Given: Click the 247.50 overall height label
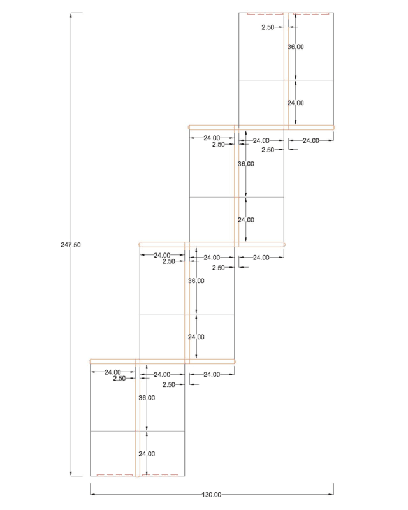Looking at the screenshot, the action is click(71, 245).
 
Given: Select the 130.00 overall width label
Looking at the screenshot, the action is click(212, 495).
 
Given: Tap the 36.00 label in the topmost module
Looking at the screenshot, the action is click(295, 47).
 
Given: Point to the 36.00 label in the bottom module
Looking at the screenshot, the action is click(147, 397).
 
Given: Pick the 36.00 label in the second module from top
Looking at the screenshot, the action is click(246, 164).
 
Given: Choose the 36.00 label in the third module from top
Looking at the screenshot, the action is click(196, 280).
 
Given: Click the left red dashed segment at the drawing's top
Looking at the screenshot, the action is click(265, 14).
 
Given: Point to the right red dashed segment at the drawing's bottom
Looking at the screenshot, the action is click(161, 475).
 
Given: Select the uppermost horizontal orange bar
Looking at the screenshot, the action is click(261, 127).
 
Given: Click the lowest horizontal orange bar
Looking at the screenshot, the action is click(163, 361).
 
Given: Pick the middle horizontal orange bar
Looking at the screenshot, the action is click(212, 244).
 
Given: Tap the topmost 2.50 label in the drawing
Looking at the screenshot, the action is click(268, 27).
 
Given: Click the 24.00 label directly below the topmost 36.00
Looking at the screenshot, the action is click(295, 103).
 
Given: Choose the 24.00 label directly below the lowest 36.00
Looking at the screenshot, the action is click(147, 454).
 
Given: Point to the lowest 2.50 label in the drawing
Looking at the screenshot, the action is click(168, 384).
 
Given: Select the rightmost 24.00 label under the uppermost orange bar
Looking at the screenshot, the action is click(310, 140).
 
